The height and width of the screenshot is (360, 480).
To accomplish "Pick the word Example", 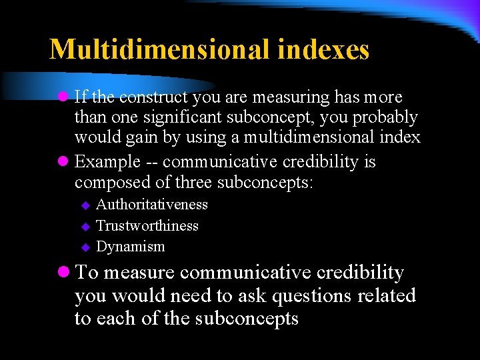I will pos(107,162).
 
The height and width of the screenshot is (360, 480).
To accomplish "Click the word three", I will pos(197,183).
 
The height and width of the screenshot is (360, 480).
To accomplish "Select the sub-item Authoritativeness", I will pos(152,205).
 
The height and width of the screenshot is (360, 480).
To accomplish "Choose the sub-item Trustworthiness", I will pos(147,225).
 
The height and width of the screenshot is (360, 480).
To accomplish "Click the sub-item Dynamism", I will pos(131,246).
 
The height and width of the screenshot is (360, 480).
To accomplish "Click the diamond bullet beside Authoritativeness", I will pos(85,205).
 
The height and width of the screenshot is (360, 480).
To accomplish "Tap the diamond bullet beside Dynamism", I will pos(85,247).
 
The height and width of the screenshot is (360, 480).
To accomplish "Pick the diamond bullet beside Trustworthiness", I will pos(85,226).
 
